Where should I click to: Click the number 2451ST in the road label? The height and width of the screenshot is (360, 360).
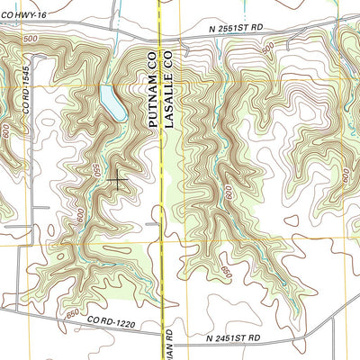point(231,337)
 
